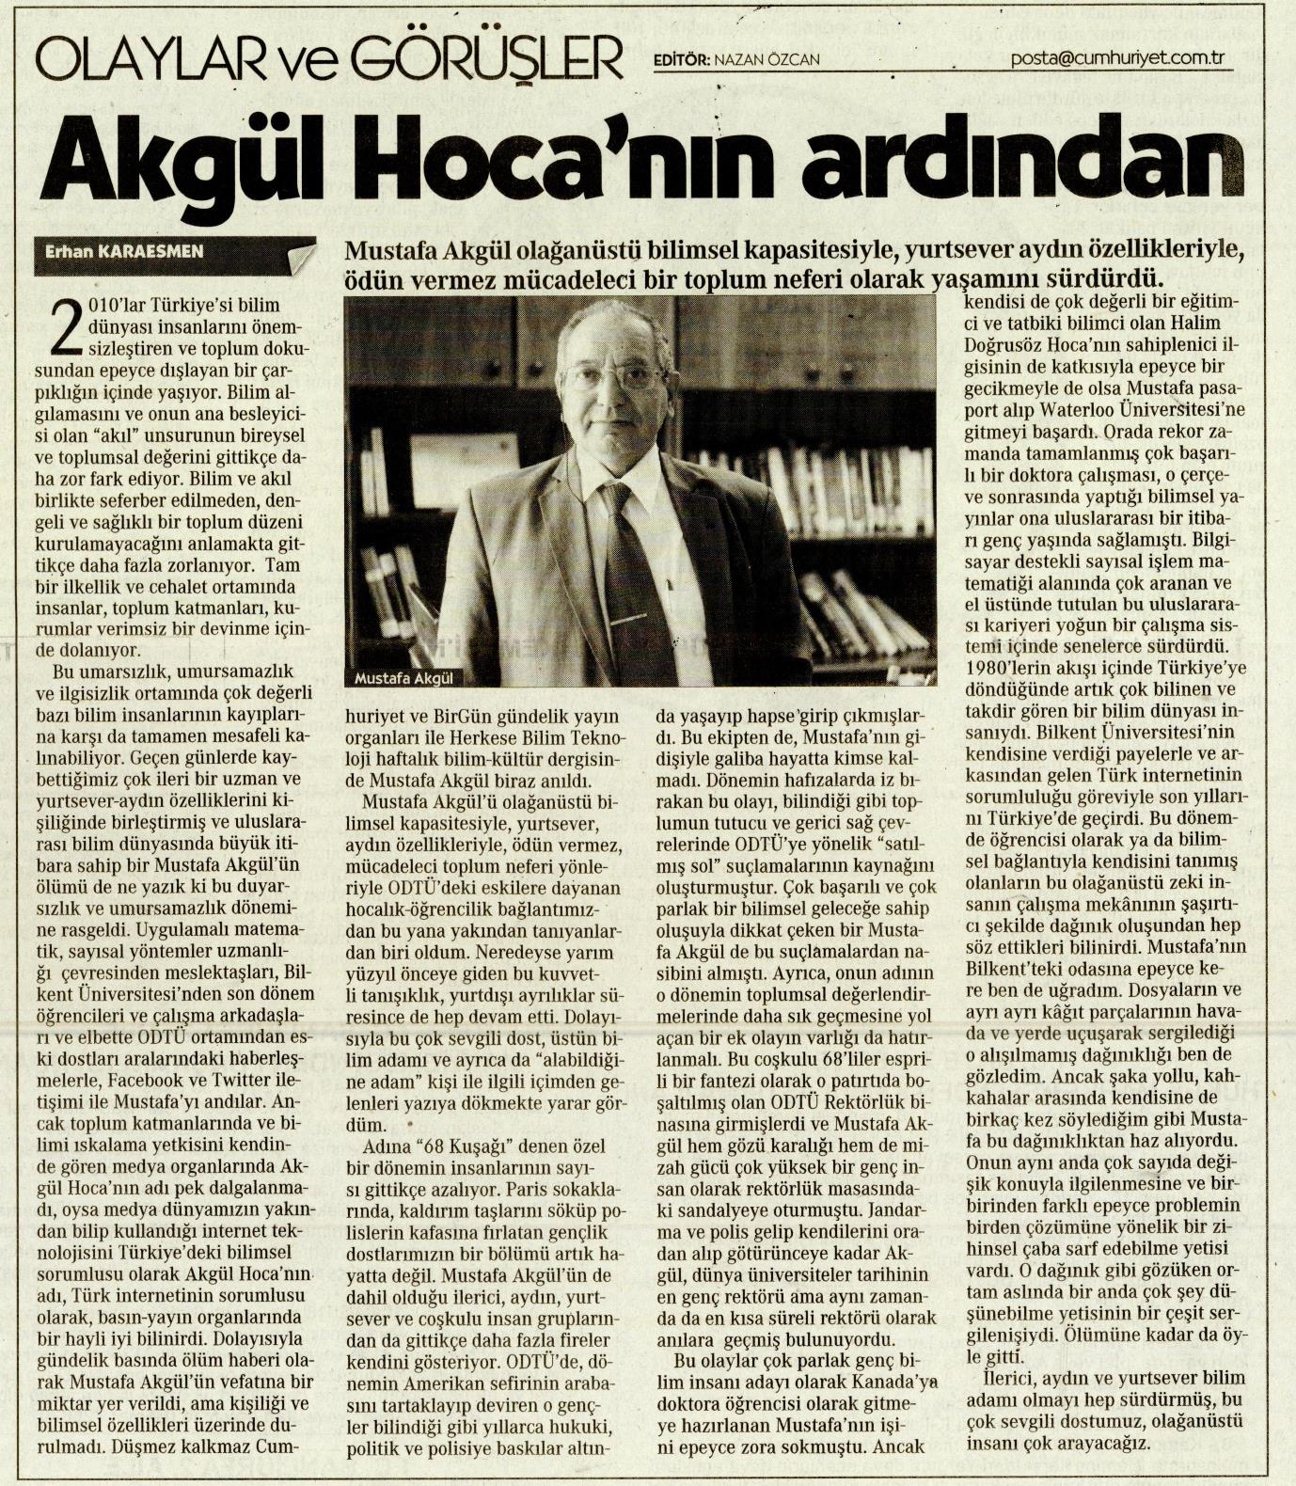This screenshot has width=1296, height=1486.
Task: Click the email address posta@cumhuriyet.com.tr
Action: coord(1116,58)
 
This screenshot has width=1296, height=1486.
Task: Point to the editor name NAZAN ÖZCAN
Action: coord(767,59)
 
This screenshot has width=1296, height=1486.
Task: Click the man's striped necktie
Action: coord(640,583)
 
